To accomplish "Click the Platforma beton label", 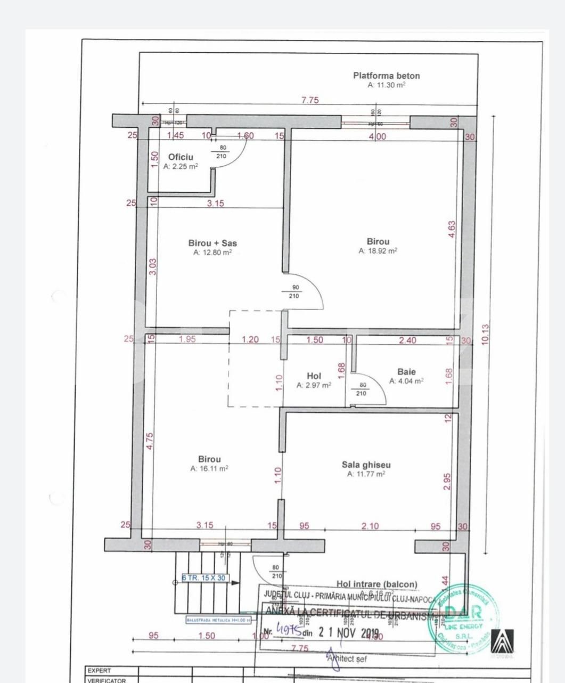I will point(386,76).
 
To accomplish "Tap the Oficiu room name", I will point(181,157).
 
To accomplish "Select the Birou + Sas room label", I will point(212,243).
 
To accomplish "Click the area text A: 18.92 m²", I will point(378,251).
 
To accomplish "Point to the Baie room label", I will point(406,372).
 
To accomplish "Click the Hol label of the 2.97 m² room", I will point(314,376).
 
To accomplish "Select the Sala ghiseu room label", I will point(366,465).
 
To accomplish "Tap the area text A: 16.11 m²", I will point(209,469).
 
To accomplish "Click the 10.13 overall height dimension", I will point(485,335).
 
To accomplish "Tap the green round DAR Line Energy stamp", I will point(464,615).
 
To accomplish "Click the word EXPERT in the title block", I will point(100,671).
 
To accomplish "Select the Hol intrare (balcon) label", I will point(376,584).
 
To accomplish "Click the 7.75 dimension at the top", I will point(310,100).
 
